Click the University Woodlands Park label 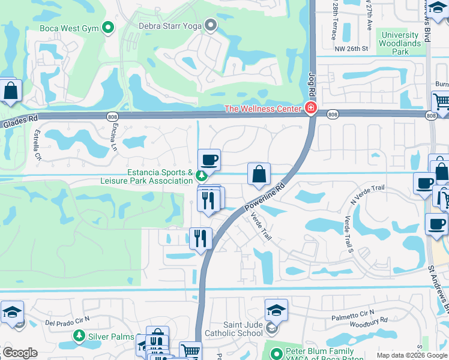click(401, 43)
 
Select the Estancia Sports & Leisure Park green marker click(202, 176)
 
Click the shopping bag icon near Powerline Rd click(259, 175)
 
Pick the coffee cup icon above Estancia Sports click(209, 160)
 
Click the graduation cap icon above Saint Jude click(276, 310)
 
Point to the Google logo click(20, 353)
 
